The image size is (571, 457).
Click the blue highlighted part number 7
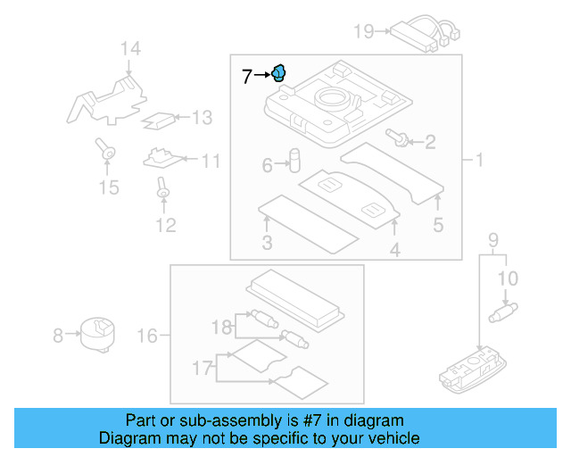(279, 73)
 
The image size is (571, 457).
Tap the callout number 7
(247, 77)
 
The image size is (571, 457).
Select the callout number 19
(363, 32)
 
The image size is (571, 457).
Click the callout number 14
(131, 49)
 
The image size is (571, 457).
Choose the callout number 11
(211, 162)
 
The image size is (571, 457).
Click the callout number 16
(148, 336)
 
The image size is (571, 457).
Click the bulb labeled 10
(505, 311)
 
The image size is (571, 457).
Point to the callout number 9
(492, 239)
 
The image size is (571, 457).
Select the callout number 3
(267, 244)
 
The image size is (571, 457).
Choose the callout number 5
(438, 226)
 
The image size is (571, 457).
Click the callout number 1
(478, 162)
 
